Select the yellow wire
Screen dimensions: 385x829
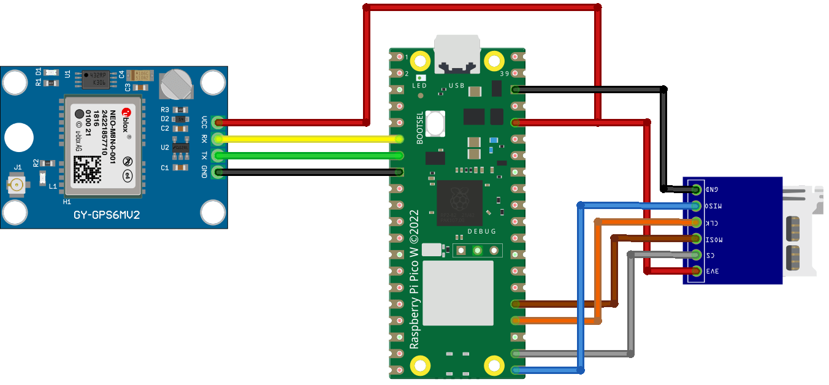(x=307, y=139)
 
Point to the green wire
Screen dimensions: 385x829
(x=307, y=156)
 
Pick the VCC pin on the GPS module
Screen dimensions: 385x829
(x=216, y=123)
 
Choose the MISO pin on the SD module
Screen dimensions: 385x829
(x=696, y=205)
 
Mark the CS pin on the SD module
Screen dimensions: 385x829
(x=696, y=254)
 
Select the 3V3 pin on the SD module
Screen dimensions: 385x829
(x=696, y=270)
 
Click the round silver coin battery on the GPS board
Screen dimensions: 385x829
(x=177, y=85)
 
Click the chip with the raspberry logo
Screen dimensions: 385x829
(x=459, y=203)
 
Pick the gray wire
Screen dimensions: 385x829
(x=630, y=307)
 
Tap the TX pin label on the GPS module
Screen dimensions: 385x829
(x=204, y=156)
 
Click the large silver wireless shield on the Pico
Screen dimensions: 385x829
(x=458, y=293)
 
